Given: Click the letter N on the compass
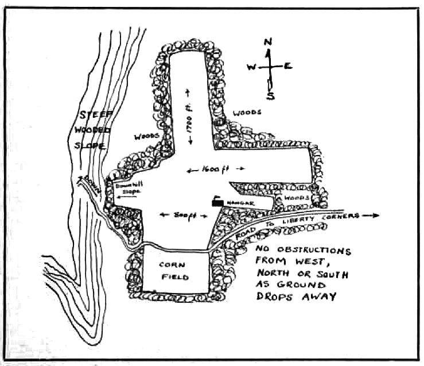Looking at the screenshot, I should point(267,41).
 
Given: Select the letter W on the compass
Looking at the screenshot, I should point(251,67).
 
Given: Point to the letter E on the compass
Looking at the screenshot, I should point(288,66).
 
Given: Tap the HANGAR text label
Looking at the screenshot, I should point(239,203).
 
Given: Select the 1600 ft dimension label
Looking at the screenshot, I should point(216,170).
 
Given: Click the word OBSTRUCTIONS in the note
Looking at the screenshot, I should point(315,252).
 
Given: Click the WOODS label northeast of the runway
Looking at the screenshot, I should point(247,113).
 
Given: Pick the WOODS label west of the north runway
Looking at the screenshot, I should point(146,137).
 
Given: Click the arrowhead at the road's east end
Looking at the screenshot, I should point(376,216).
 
